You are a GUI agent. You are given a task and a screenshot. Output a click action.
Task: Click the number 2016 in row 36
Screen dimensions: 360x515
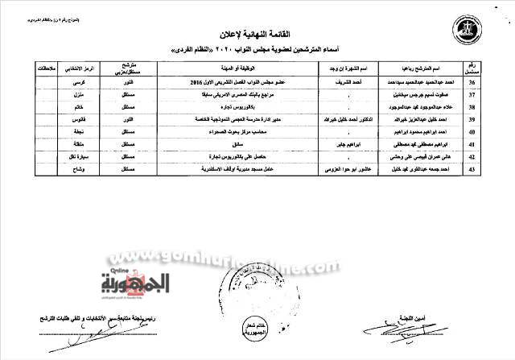pos(196,82)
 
